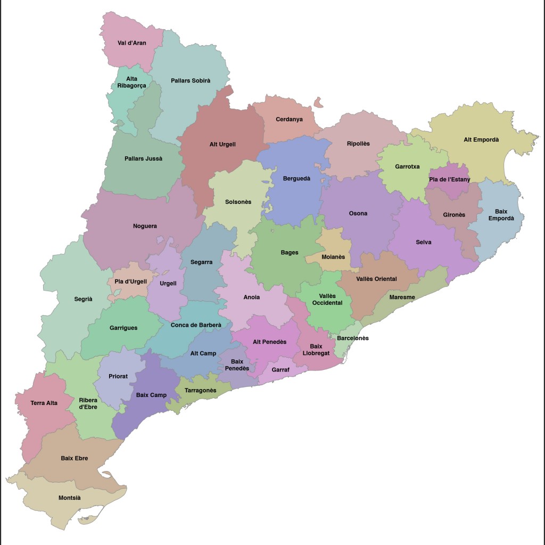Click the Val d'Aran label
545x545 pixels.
[x=131, y=43]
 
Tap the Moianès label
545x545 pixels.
[x=333, y=257]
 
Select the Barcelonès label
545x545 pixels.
[x=352, y=338]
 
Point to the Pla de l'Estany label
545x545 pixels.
[x=449, y=179]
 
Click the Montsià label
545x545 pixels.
[x=69, y=498]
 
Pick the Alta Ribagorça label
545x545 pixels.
[x=131, y=82]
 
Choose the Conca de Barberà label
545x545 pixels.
[x=196, y=325]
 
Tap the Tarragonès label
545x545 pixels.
[x=200, y=391]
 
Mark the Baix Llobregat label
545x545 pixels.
[x=316, y=350]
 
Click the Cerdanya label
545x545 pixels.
[x=289, y=119]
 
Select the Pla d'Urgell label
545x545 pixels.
[x=130, y=282]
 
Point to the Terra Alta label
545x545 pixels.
[x=44, y=403]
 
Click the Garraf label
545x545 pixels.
[x=280, y=369]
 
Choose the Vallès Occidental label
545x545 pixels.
[x=327, y=300]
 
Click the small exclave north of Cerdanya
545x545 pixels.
[x=319, y=102]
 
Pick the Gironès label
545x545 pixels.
[x=454, y=215]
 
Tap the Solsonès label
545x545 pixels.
[x=238, y=202]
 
